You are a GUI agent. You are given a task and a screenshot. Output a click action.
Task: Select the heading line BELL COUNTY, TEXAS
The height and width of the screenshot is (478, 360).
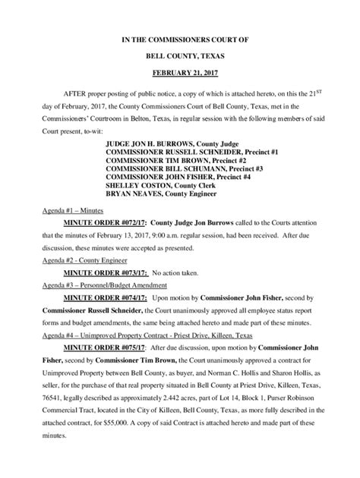(179, 55)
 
